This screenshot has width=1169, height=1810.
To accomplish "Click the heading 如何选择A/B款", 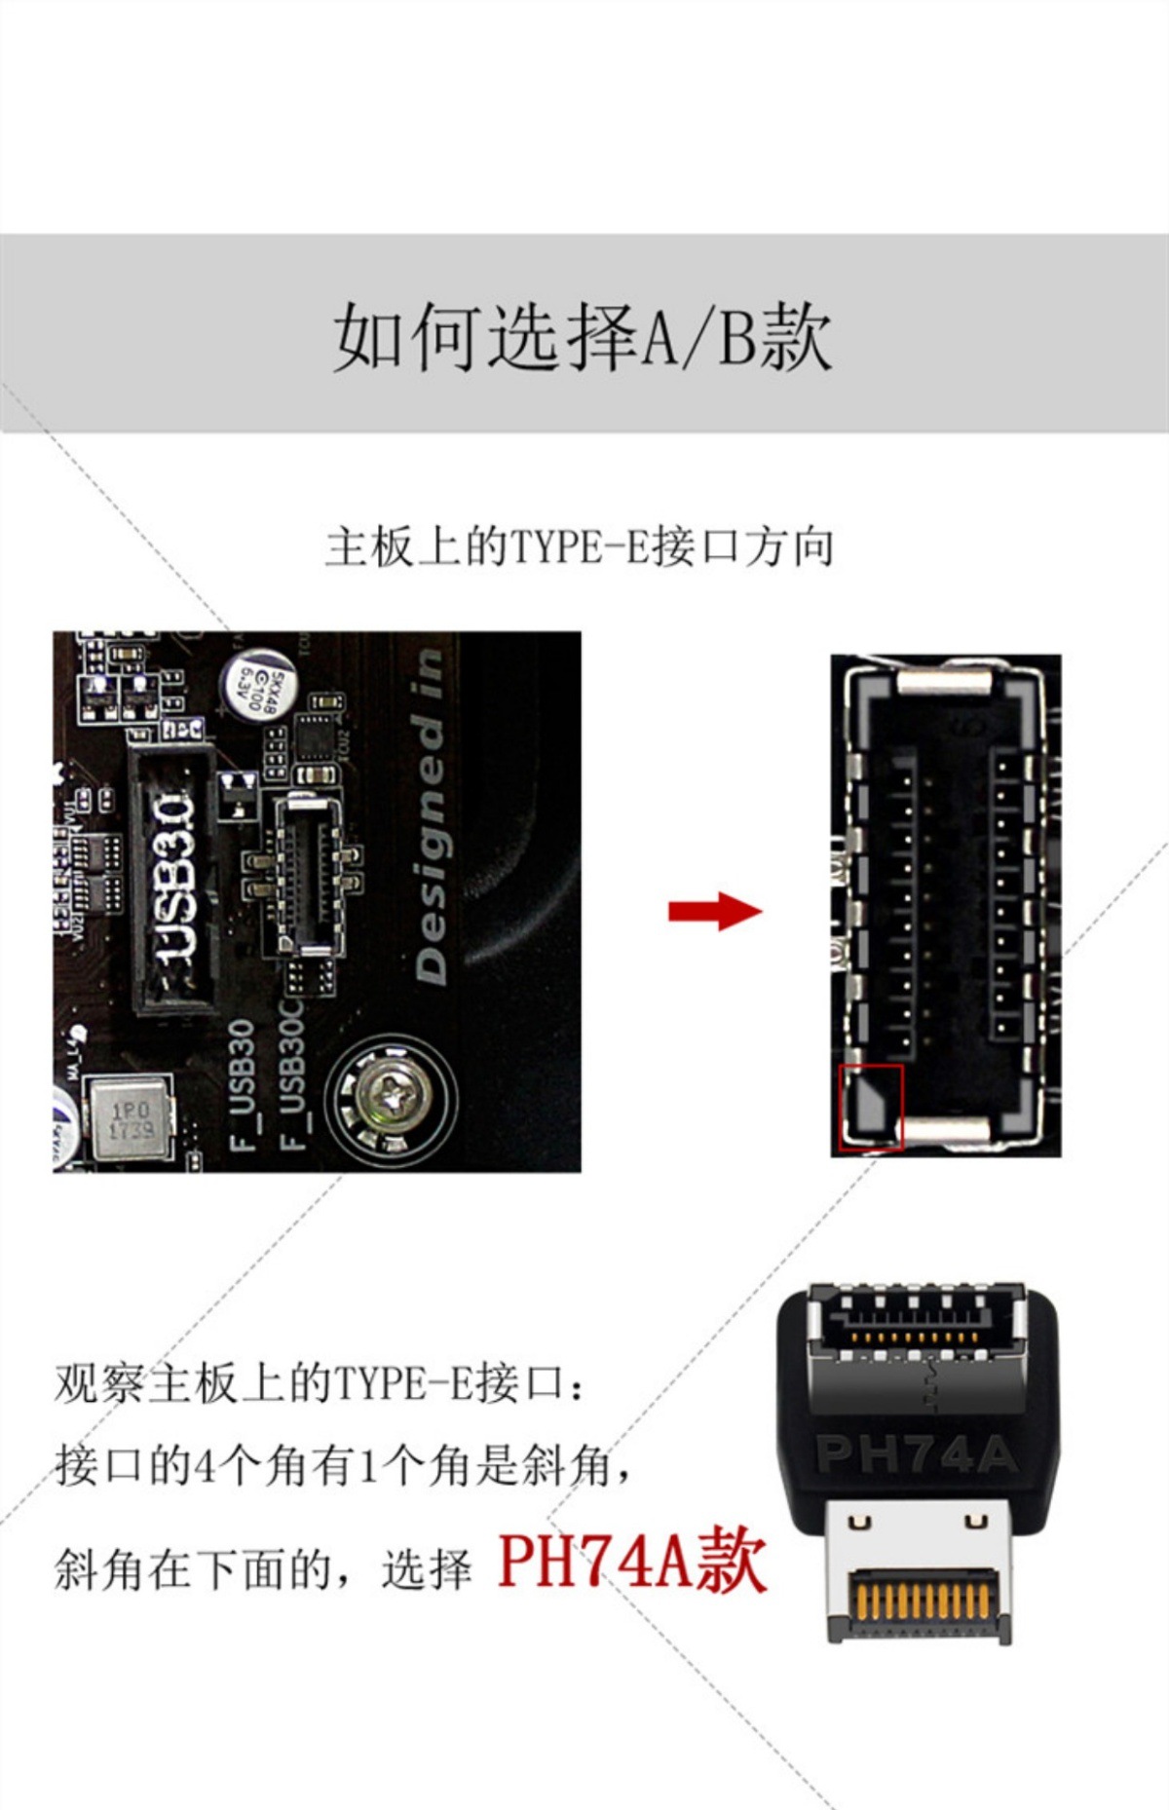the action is point(583,336).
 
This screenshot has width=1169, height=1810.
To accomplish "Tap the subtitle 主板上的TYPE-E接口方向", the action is point(580,547).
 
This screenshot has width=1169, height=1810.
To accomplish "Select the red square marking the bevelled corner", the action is point(872,1106).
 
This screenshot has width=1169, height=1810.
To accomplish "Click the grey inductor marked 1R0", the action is point(130,1120).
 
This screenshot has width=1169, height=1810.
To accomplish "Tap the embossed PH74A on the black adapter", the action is point(916,1454).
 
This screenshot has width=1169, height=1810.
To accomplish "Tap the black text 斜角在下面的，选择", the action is point(263,1567).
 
